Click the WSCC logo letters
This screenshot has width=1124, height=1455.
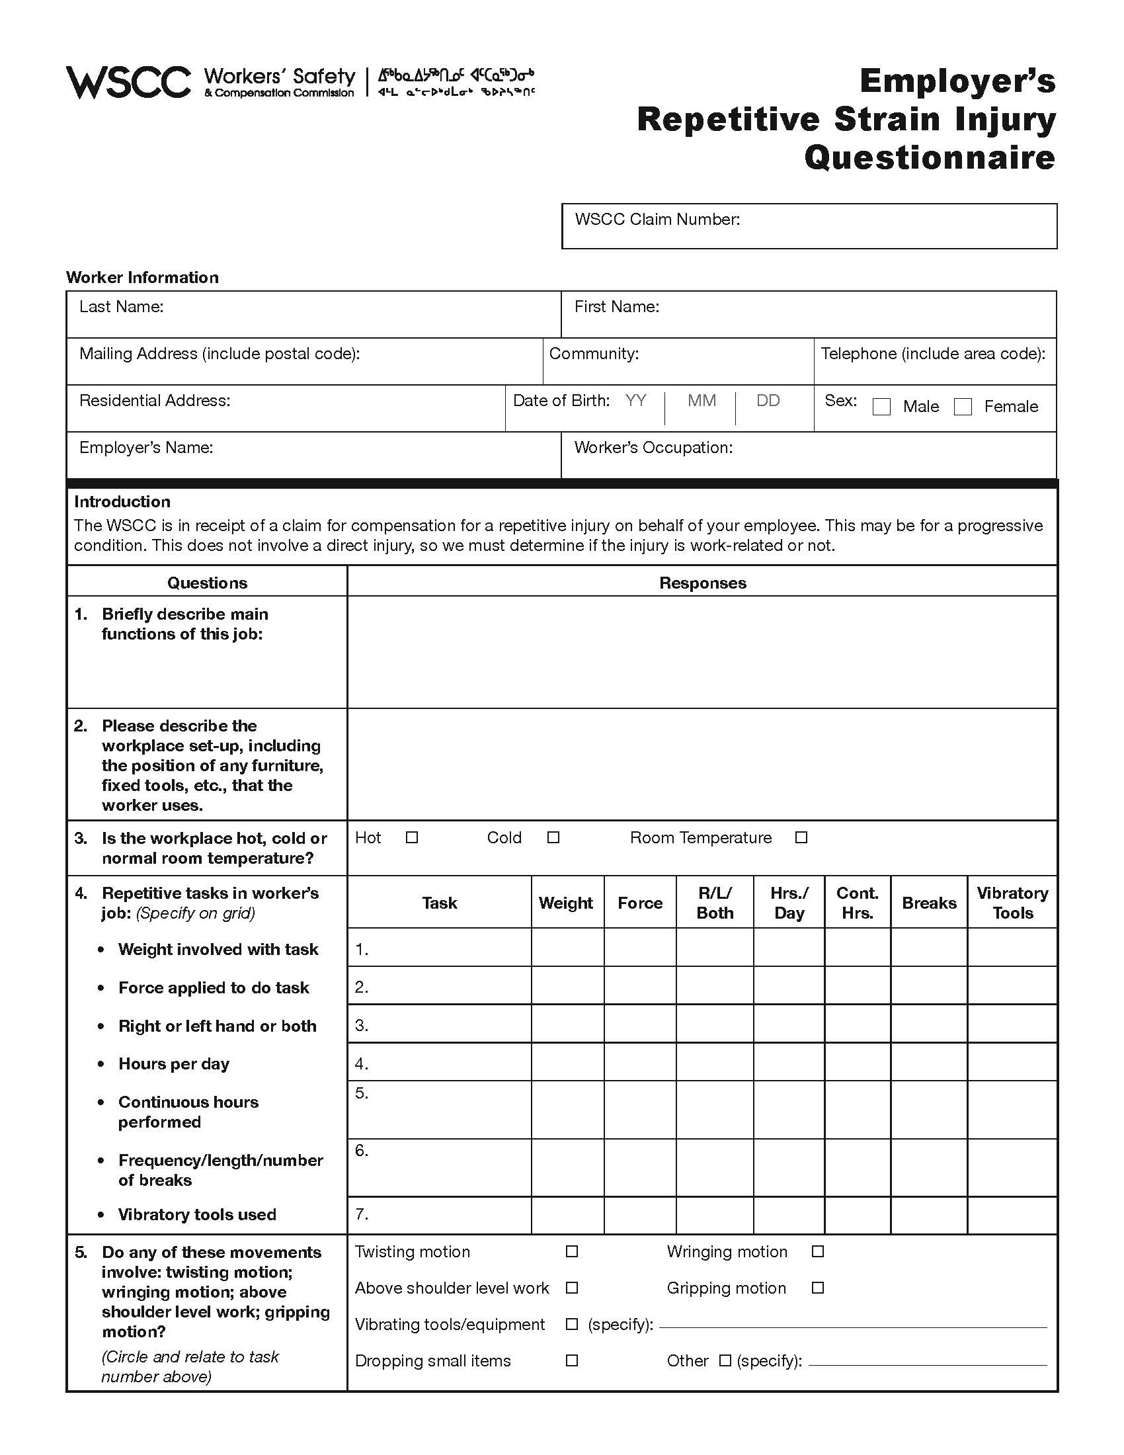click(128, 83)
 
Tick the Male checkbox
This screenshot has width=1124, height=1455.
click(881, 406)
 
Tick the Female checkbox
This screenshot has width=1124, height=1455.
click(963, 406)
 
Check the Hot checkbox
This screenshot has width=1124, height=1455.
click(411, 837)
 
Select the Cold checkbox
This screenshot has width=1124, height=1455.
click(553, 837)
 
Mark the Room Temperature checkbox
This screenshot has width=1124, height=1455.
click(801, 837)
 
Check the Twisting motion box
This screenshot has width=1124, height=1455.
click(571, 1252)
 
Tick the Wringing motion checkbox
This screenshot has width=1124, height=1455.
click(818, 1252)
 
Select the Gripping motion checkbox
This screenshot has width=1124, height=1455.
click(818, 1288)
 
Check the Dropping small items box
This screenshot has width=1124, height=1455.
click(571, 1360)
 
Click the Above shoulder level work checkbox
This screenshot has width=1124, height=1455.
click(571, 1288)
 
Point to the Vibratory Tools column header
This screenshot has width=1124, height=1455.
click(1012, 903)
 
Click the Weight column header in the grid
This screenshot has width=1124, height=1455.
click(566, 903)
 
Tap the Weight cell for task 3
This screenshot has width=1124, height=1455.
click(567, 1024)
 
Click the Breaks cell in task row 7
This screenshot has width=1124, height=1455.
click(928, 1214)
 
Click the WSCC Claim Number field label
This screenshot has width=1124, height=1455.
click(657, 219)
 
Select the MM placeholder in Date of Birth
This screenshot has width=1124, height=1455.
click(702, 400)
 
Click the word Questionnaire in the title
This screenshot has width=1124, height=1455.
click(930, 158)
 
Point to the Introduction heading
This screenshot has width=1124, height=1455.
click(122, 502)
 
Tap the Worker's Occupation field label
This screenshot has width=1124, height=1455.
click(653, 448)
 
